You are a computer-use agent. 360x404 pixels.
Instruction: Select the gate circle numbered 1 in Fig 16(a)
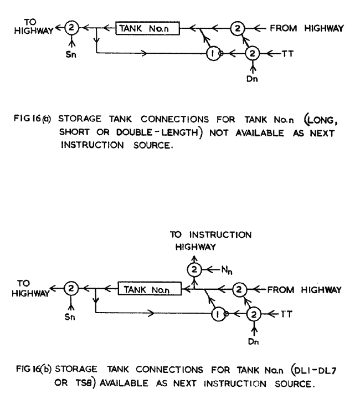(x=212, y=54)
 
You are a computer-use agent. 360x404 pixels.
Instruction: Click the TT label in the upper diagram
(x=285, y=54)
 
